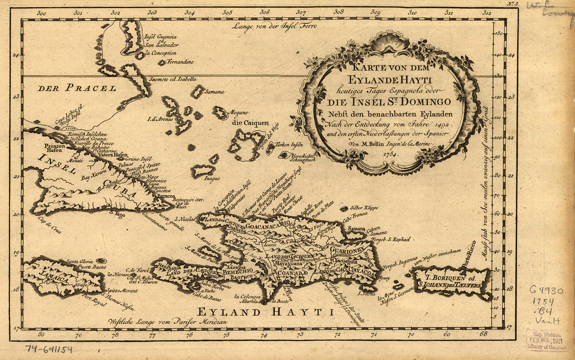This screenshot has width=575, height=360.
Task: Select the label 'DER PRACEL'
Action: click(76, 88)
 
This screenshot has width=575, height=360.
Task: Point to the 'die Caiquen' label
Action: click(247, 123)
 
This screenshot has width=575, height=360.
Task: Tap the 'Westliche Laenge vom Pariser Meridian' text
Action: click(167, 322)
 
